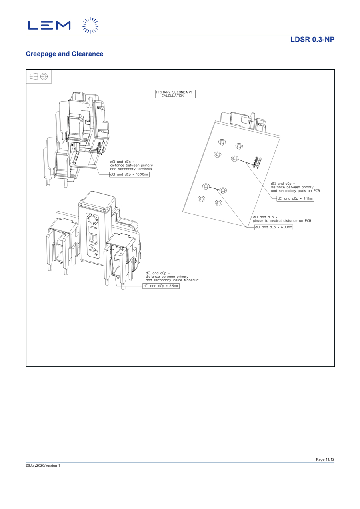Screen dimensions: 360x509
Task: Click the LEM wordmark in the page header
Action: click(49, 25)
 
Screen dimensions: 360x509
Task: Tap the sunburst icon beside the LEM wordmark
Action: click(90, 25)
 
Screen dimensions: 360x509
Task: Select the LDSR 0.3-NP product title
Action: click(312, 40)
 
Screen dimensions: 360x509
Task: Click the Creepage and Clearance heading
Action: click(64, 54)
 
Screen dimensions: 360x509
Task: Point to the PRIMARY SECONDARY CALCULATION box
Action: click(175, 94)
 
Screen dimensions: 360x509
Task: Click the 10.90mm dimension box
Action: click(129, 174)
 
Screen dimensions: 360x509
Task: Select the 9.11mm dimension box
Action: click(295, 198)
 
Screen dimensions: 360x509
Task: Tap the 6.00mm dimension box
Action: click(274, 227)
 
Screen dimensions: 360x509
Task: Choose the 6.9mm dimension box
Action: click(161, 286)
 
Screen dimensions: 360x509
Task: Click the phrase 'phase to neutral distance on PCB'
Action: click(282, 221)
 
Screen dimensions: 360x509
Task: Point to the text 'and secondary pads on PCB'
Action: click(295, 191)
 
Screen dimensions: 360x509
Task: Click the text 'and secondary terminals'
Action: click(131, 169)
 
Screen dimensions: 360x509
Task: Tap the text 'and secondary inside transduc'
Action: click(172, 280)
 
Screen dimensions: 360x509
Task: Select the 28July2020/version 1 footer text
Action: click(43, 465)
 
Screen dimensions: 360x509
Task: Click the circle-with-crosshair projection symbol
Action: click(44, 76)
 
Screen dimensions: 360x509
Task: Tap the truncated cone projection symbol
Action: click(34, 76)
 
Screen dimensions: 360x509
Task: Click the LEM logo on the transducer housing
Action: click(93, 235)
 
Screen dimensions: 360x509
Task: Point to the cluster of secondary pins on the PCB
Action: click(257, 162)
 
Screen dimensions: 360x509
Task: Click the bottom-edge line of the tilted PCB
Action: click(215, 220)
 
